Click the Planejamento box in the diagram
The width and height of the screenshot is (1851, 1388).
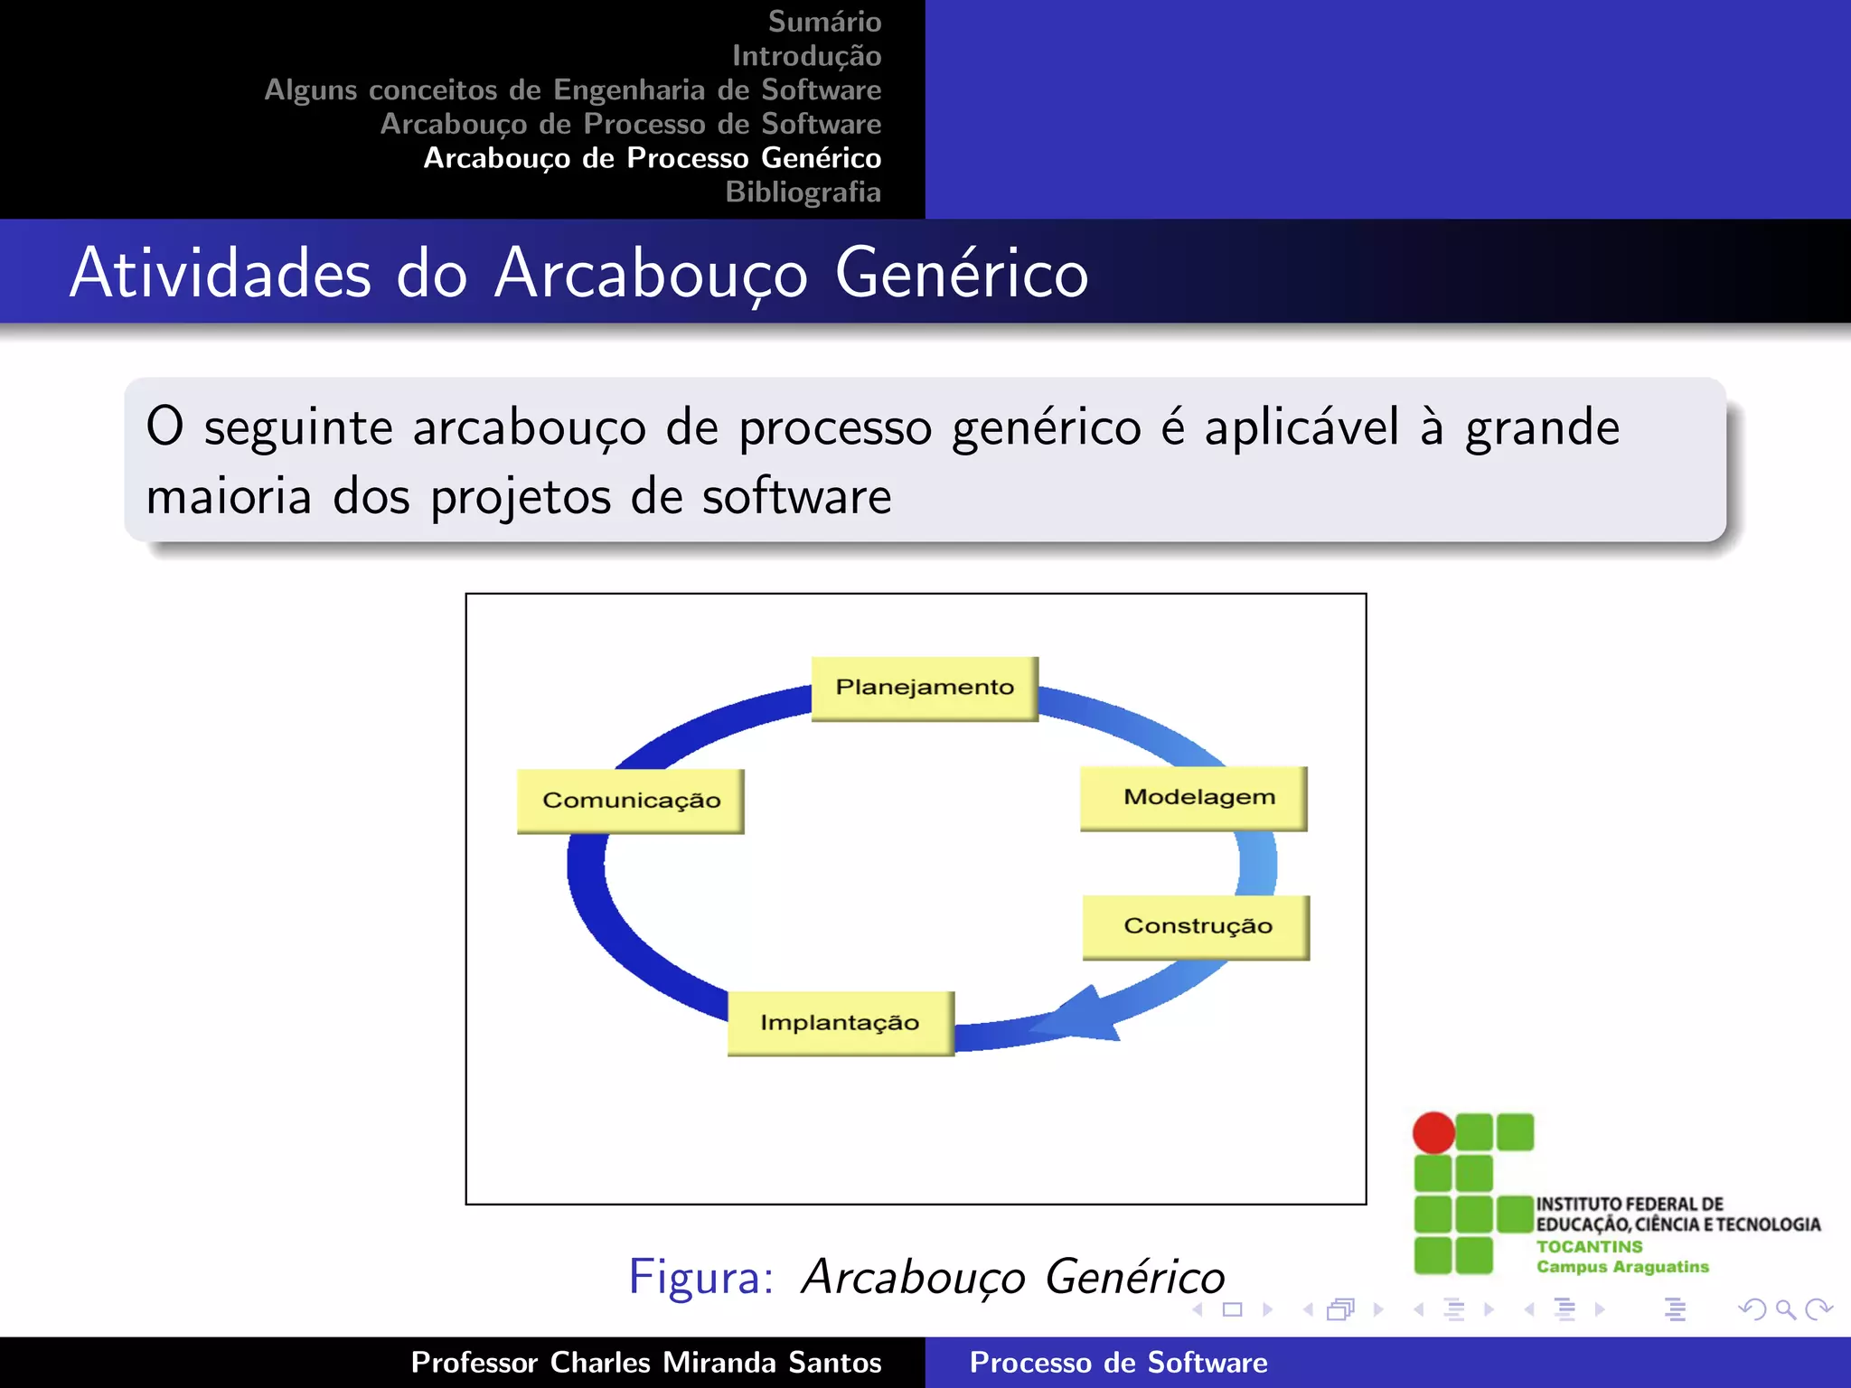tap(925, 689)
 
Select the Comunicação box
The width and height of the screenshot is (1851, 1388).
tap(631, 801)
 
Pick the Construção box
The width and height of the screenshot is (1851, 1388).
tap(1196, 927)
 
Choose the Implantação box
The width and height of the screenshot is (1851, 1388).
tap(841, 1023)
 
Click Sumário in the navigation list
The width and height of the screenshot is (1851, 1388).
tap(824, 22)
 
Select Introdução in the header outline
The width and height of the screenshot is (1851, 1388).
tap(806, 56)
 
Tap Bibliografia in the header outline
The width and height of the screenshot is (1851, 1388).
tap(803, 192)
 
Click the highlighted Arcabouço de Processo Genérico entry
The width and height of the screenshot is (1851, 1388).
tap(653, 158)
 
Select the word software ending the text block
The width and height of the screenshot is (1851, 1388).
tap(796, 497)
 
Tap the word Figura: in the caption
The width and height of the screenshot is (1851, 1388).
tap(701, 1277)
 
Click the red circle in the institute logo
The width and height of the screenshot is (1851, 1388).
tap(1433, 1133)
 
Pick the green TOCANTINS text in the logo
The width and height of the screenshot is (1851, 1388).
tap(1589, 1246)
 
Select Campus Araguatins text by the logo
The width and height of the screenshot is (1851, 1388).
tap(1622, 1267)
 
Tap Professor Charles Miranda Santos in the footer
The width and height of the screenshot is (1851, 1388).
tap(645, 1363)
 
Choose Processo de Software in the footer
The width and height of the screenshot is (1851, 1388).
tap(1118, 1363)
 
